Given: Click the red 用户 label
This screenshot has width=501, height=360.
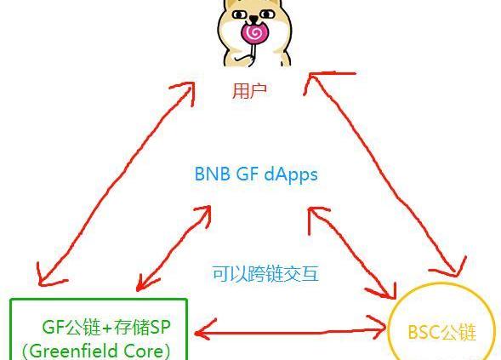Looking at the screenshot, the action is pos(249,91).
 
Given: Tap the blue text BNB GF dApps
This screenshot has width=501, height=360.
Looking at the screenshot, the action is pos(256,174).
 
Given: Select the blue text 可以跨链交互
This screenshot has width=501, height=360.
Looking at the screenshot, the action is pos(266,274).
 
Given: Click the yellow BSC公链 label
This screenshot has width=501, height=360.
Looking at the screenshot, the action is pos(442,332).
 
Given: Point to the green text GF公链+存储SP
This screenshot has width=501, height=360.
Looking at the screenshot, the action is pos(106,327).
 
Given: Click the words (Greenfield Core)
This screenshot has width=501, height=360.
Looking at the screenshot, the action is pos(96,351).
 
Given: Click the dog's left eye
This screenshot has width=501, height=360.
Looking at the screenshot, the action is pos(238,14).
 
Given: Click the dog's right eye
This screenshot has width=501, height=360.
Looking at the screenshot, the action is pos(267,14).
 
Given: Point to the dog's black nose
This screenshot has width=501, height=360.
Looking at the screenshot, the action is pos(253,18).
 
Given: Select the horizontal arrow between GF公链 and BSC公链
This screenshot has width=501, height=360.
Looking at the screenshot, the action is pos(290,330).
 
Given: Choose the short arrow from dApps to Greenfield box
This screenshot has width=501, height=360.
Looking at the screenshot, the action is pos(174,248).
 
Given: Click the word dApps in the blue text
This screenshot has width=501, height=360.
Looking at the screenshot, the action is pos(291,174).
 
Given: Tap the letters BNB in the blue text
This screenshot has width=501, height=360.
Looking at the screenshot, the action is pos(212,174).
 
